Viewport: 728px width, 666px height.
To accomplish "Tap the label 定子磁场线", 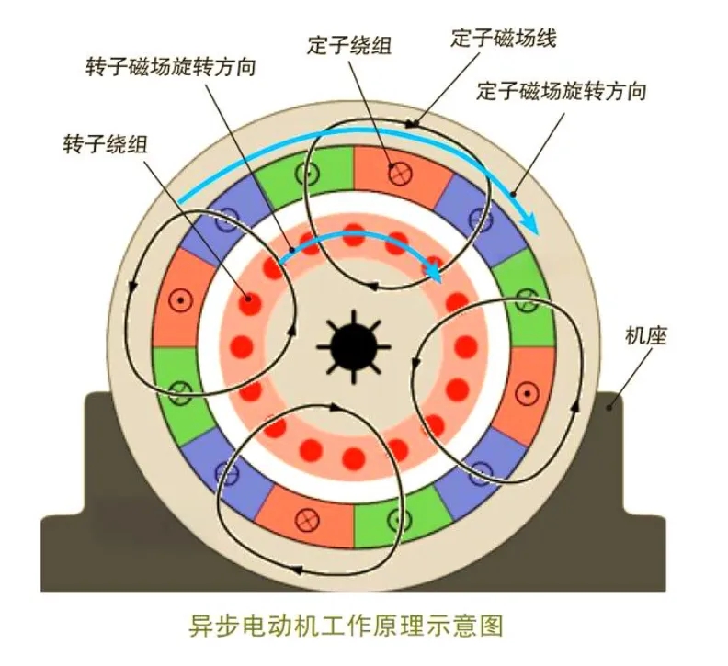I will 505,39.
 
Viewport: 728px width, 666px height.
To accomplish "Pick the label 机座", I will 643,334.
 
